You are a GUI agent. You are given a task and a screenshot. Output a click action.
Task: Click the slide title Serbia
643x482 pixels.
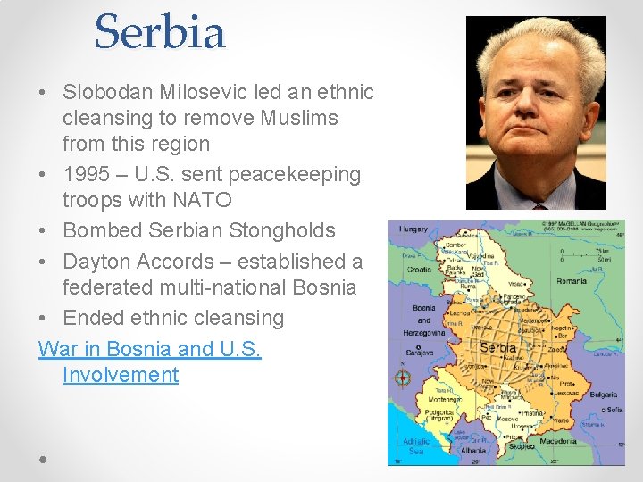[160, 32]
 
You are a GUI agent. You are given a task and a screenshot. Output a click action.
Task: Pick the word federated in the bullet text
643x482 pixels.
[113, 287]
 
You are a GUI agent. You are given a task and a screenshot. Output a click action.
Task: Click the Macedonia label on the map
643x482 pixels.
[555, 441]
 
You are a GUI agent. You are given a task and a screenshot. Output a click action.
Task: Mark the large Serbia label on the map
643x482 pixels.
[497, 347]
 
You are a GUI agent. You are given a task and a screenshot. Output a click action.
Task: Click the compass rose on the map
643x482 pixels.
[402, 378]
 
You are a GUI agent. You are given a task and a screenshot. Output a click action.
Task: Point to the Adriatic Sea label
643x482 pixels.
[415, 446]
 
